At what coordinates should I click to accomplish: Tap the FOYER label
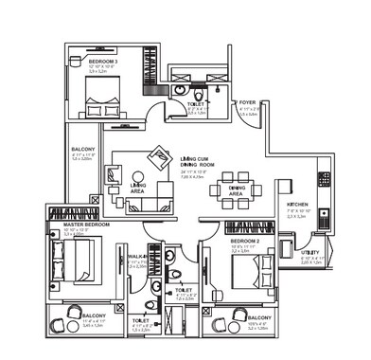248,100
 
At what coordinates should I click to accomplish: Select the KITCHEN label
297,205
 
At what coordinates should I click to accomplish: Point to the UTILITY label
310,255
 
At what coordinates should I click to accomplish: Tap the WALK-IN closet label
137,256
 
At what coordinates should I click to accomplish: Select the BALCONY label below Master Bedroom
94,315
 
